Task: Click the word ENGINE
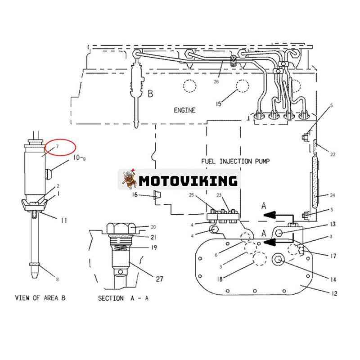click(x=184, y=110)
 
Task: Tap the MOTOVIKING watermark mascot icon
click(x=129, y=179)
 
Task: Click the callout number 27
click(x=160, y=279)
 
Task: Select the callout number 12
click(x=334, y=293)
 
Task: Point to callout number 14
click(x=333, y=279)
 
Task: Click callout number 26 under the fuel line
click(x=216, y=81)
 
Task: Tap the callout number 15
click(x=219, y=104)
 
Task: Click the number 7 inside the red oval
click(x=57, y=146)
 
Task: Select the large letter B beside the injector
click(x=150, y=94)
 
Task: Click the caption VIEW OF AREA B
click(x=40, y=298)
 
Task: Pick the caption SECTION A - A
click(x=123, y=298)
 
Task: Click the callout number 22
click(x=333, y=154)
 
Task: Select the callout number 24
click(x=332, y=195)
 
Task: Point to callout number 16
click(x=135, y=195)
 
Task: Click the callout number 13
click(x=333, y=224)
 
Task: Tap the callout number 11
click(x=64, y=220)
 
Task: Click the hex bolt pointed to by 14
click(x=278, y=260)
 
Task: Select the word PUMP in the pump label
click(x=262, y=161)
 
